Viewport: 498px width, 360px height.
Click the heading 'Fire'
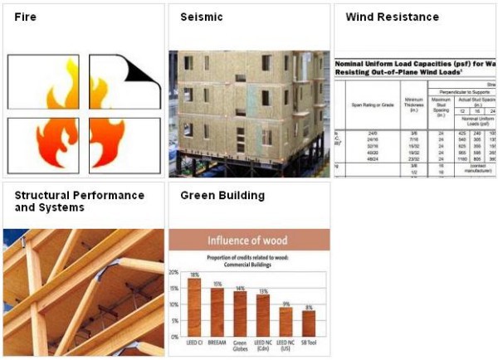pos(24,17)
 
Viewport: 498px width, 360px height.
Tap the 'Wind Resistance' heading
pos(392,17)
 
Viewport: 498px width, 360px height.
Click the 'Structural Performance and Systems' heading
pos(79,202)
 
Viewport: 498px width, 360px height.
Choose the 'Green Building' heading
pos(222,196)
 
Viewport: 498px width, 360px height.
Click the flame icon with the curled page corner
pos(124,82)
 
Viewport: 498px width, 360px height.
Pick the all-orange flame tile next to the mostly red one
pos(124,145)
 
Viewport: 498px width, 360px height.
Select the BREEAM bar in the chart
pos(217,311)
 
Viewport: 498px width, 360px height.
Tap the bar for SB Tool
pos(309,323)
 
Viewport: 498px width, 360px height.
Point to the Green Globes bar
pos(240,313)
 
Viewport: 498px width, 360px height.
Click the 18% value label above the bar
pos(194,275)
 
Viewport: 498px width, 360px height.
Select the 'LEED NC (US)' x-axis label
pos(286,344)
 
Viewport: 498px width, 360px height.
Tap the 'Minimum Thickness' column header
pos(413,104)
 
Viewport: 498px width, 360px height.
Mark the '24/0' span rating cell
pos(367,132)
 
